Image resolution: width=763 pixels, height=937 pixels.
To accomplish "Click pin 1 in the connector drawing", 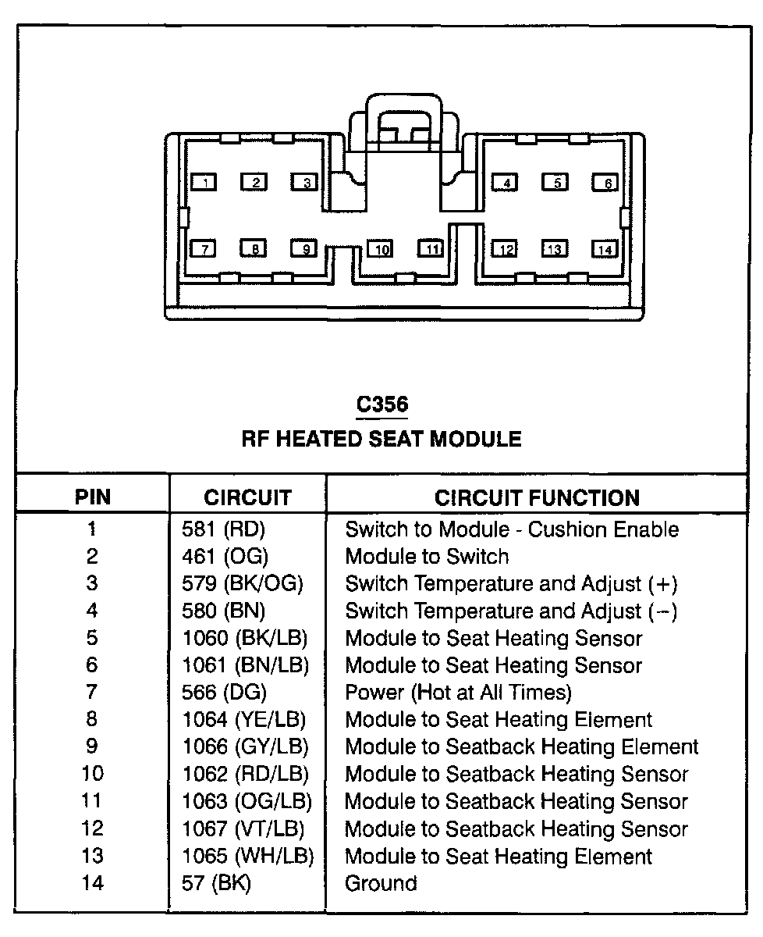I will point(204,183).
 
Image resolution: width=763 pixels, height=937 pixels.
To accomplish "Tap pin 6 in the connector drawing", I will point(605,183).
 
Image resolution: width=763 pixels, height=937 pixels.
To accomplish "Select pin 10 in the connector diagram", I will point(381,249).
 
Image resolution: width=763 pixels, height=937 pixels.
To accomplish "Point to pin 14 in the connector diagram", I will point(605,249).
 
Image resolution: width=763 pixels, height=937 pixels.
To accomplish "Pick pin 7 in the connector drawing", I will point(204,249).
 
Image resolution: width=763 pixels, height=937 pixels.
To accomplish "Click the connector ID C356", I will point(381,404).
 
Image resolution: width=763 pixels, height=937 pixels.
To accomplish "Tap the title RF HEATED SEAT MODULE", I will point(381,439).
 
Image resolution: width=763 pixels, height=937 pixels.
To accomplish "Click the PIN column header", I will point(93,497).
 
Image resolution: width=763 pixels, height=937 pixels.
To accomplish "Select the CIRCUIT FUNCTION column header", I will point(537,497).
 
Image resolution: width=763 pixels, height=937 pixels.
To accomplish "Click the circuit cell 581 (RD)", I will point(223,529).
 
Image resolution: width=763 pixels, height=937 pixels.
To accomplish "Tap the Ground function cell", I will point(381,883).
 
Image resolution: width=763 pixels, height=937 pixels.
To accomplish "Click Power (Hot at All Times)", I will point(458,693).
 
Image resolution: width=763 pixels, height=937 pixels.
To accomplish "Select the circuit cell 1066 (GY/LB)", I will point(245,746).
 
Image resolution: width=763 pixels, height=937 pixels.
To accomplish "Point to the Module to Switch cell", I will point(427,557).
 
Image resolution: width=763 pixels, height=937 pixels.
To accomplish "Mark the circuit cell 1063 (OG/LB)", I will point(247,801).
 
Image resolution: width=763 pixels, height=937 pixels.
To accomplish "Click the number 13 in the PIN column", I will point(92,856).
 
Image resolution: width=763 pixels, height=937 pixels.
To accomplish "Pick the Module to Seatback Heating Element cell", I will point(521,746).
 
